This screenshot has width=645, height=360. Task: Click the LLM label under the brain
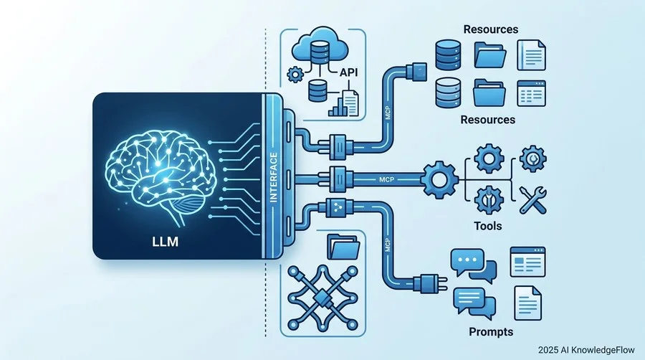(x=166, y=241)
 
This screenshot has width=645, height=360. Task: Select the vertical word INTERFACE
(x=274, y=177)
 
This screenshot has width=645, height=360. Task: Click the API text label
(x=348, y=72)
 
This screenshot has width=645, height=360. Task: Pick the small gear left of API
(x=295, y=75)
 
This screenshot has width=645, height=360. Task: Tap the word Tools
(x=488, y=225)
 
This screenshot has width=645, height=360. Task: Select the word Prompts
(x=491, y=331)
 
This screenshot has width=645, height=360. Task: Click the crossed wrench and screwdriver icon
(x=532, y=200)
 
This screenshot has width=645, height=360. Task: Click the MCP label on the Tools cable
(x=386, y=180)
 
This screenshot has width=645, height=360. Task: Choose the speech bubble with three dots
(x=467, y=261)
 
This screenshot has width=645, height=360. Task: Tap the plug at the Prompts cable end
(x=430, y=283)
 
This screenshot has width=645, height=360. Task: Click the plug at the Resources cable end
(x=416, y=72)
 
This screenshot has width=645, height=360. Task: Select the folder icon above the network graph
(x=343, y=247)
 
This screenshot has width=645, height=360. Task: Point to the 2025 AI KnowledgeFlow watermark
(x=586, y=350)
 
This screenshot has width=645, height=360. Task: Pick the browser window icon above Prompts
(x=527, y=262)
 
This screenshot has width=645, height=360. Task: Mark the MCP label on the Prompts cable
(x=388, y=245)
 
